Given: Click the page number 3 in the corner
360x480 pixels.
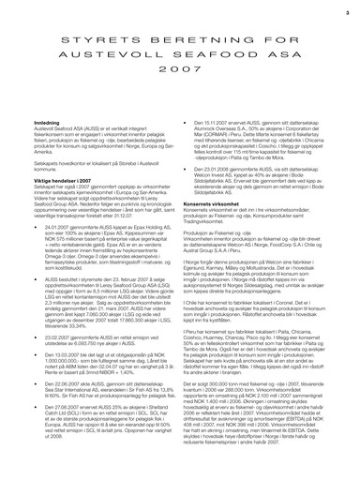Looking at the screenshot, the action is [x=346, y=12].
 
